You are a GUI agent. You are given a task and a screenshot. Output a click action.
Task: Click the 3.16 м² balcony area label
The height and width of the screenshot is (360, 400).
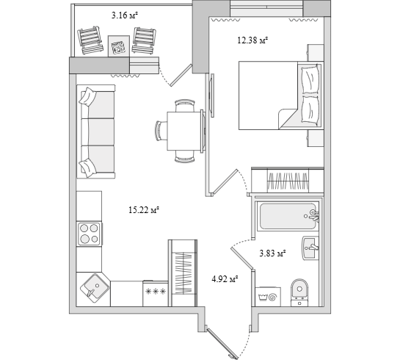[x=125, y=15]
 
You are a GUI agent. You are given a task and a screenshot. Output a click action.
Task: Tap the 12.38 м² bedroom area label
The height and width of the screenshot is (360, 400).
[x=252, y=40]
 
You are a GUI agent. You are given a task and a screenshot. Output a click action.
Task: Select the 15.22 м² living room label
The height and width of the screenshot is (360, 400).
[x=144, y=210]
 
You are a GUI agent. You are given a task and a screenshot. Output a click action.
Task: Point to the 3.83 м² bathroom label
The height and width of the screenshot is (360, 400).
[x=272, y=253]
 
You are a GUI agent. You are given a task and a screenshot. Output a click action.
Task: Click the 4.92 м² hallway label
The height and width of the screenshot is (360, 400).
[x=225, y=278]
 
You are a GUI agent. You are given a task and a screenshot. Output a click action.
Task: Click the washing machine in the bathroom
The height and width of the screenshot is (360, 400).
[x=268, y=297]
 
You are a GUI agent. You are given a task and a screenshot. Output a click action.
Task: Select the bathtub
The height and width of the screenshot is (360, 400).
[x=288, y=216]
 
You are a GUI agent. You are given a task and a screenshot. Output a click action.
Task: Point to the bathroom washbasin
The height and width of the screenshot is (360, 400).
[x=310, y=248]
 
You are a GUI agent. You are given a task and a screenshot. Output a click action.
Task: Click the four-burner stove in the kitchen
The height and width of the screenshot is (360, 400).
[x=90, y=234]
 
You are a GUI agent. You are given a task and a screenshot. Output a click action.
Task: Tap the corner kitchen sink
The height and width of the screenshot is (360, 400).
[x=94, y=288]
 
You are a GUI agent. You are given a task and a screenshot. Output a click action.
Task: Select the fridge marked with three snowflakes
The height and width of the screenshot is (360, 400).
[x=156, y=293]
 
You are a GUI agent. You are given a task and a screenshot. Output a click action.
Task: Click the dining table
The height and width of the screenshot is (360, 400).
[x=185, y=131]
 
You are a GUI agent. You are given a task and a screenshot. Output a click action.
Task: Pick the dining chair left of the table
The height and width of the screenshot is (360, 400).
[x=161, y=131]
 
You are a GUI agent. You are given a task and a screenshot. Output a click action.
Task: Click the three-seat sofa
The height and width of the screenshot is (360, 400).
[x=96, y=132]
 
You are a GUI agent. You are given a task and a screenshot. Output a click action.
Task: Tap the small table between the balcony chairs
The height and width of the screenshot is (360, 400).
[x=119, y=46]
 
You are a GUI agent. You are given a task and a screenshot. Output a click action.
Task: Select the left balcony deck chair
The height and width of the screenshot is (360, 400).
[x=90, y=40]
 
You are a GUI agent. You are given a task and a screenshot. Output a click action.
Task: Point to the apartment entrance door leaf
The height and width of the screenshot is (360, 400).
[x=222, y=343]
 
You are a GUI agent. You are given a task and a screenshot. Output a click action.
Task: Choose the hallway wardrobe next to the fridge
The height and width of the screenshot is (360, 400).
[x=183, y=273]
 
